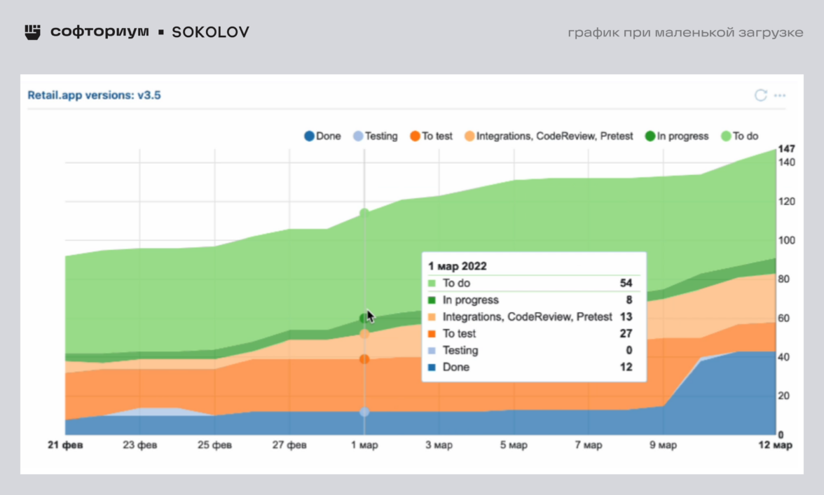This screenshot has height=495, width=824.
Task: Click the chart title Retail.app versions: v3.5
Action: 95,95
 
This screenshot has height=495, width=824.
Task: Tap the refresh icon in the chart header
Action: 760,95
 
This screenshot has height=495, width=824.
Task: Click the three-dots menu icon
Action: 780,95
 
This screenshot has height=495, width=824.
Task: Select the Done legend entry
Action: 322,137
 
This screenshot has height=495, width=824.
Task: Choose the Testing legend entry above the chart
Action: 375,137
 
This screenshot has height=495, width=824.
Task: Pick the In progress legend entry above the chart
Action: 677,137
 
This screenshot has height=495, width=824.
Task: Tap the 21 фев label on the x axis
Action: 64,445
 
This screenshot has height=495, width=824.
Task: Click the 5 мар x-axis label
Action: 514,445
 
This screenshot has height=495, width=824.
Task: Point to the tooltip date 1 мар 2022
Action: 458,266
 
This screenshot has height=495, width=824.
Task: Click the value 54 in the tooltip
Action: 626,283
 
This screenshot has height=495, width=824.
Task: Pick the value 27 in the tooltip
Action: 626,333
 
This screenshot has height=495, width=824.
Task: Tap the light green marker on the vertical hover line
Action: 364,212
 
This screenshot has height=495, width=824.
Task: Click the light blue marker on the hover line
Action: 364,412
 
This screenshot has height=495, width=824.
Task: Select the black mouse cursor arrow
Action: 370,316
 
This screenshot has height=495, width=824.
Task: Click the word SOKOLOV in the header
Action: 210,32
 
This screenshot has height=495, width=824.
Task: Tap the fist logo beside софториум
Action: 32,32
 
